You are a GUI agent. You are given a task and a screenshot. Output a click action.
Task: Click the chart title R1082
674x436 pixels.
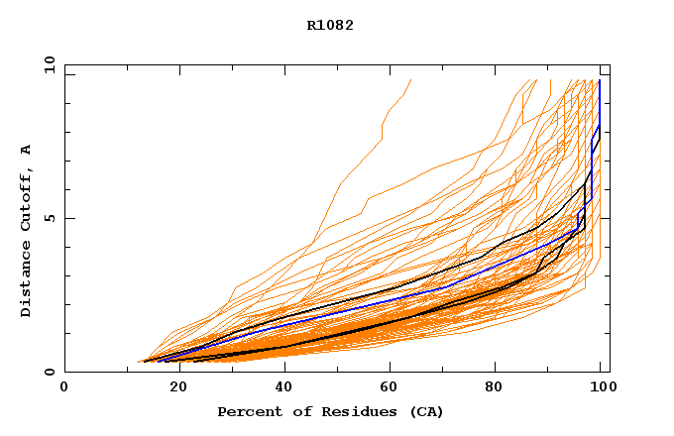[x=330, y=25]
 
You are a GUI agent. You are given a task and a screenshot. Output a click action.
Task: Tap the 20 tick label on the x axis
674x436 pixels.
[x=172, y=386]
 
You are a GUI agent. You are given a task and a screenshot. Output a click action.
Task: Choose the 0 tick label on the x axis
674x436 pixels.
[x=65, y=386]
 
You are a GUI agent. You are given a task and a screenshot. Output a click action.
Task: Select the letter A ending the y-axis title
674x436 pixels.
[x=26, y=150]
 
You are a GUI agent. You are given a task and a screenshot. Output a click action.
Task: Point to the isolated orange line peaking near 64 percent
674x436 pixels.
[x=382, y=129]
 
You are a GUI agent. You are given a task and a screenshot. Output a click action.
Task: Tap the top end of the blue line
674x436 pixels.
[x=599, y=81]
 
